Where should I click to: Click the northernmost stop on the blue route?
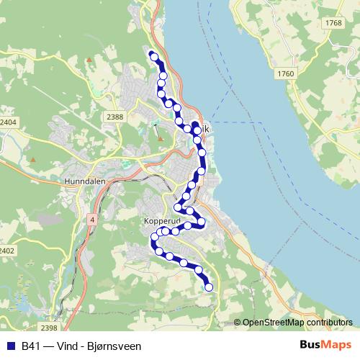(x=153, y=56)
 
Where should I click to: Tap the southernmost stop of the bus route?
(x=209, y=287)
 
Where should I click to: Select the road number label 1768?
(x=333, y=24)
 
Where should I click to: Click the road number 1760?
(x=286, y=73)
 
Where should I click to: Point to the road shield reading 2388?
(x=114, y=117)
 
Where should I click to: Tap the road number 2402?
(x=6, y=251)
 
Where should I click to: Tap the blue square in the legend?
(x=10, y=346)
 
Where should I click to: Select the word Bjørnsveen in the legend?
(x=116, y=346)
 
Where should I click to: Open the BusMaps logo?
(x=326, y=345)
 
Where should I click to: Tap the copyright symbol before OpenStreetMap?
(x=237, y=323)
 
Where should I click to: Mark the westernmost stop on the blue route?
(x=155, y=237)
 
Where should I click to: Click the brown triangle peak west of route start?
(x=89, y=60)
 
